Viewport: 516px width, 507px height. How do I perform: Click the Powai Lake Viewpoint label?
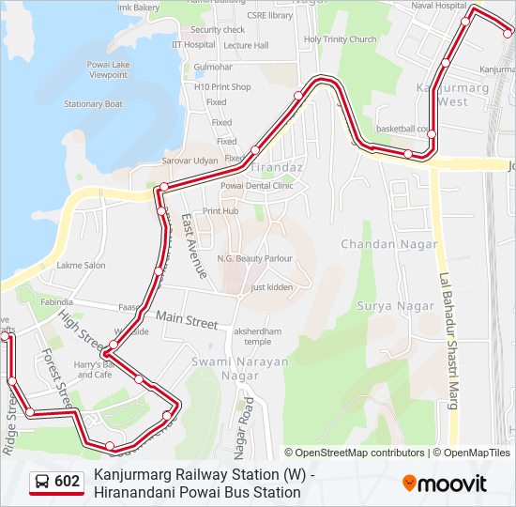tap(109, 69)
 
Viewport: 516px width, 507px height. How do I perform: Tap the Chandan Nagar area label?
tap(389, 244)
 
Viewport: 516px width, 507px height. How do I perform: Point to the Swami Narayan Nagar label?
tap(226, 368)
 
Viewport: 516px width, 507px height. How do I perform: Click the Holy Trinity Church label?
tap(340, 39)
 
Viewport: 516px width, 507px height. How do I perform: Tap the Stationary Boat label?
tap(93, 104)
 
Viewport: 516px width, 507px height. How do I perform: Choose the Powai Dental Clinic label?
tap(256, 186)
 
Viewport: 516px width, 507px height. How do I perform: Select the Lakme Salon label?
tap(81, 266)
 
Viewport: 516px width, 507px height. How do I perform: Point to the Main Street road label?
tap(187, 321)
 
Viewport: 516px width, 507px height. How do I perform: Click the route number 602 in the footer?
tap(68, 482)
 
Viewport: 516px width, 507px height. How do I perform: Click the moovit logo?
tap(445, 484)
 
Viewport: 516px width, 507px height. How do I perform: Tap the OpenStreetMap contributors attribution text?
tap(354, 453)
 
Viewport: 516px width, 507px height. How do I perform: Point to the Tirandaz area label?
tap(275, 166)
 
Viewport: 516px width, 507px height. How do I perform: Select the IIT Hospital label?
tap(193, 44)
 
